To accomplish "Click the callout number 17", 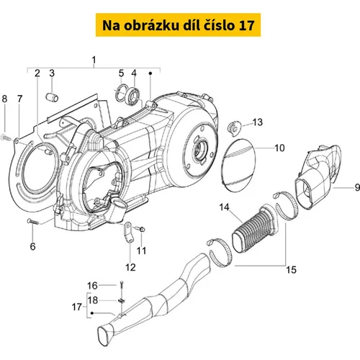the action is [x=77, y=307].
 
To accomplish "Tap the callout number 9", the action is [x=357, y=187].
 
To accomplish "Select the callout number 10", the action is [x=279, y=148].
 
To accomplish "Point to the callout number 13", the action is [x=258, y=122].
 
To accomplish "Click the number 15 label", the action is [x=291, y=270].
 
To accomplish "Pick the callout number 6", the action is [x=32, y=246].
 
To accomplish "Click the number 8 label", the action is [x=4, y=99].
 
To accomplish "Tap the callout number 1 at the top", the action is [x=94, y=60].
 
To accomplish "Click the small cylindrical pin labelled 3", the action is [x=52, y=97].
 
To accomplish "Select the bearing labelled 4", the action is [x=134, y=95].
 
